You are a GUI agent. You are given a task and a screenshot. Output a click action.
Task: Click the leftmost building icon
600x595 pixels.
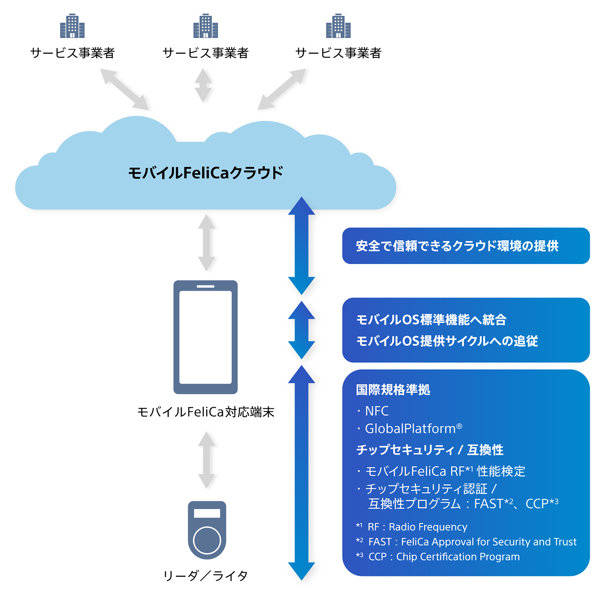click(x=72, y=26)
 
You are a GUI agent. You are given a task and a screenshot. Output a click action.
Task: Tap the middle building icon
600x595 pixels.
click(x=206, y=26)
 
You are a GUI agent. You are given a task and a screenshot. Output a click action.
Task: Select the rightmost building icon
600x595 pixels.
click(x=338, y=26)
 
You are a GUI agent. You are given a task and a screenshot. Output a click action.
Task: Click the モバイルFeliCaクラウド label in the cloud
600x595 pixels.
click(x=206, y=173)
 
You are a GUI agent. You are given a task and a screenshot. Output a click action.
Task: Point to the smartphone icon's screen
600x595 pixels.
click(x=206, y=337)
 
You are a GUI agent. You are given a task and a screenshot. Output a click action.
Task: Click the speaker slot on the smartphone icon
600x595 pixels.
click(x=206, y=286)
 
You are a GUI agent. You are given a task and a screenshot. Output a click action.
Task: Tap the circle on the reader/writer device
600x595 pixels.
click(x=207, y=540)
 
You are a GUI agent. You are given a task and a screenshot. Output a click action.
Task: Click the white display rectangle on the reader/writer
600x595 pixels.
click(x=207, y=513)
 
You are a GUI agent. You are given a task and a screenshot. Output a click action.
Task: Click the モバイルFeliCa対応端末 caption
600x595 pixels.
click(x=206, y=412)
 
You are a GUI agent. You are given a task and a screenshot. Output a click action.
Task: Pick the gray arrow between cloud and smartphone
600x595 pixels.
click(x=206, y=242)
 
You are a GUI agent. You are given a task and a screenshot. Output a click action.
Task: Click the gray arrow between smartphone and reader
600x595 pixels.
click(x=206, y=460)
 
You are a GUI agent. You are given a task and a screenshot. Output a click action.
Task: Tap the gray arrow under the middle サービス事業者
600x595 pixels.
click(x=203, y=85)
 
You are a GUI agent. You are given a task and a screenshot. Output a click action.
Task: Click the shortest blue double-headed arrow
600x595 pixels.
click(x=301, y=330)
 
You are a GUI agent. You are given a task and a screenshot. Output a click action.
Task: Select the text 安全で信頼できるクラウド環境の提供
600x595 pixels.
click(x=457, y=246)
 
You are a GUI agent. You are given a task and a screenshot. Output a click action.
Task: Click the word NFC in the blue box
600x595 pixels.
click(x=377, y=411)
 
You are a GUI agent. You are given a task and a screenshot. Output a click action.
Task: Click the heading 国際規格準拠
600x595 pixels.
click(x=393, y=390)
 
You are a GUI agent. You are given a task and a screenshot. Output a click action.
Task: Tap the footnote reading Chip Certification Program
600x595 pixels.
click(x=458, y=557)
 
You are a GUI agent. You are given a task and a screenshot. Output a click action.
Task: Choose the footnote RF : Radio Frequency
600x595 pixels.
click(x=417, y=527)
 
